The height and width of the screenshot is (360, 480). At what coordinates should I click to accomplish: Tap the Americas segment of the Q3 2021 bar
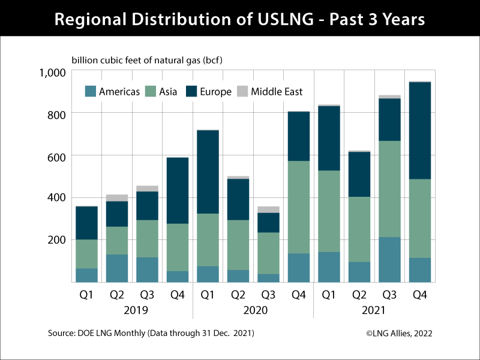coord(389,259)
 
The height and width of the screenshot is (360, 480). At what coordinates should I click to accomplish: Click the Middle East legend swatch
coord(242,92)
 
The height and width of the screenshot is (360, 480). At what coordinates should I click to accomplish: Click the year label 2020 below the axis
coord(253,311)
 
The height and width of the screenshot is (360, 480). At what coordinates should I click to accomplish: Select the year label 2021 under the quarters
coord(374,311)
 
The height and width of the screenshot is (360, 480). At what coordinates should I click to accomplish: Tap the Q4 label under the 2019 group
coord(177,295)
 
